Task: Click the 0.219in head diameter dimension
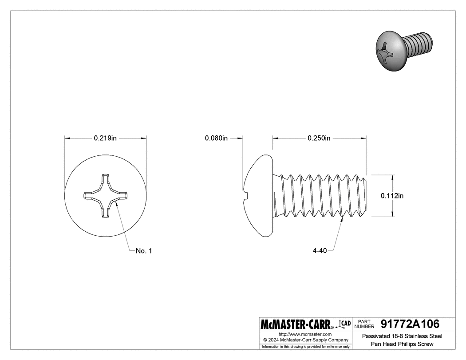[105, 138]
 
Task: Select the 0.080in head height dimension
[216, 138]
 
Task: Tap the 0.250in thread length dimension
[319, 138]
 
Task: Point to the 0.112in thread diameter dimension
[392, 195]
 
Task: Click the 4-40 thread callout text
[320, 251]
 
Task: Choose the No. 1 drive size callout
[144, 251]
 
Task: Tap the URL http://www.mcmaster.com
[305, 334]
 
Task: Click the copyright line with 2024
[305, 340]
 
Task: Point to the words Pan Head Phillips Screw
[403, 344]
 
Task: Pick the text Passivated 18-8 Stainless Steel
[403, 336]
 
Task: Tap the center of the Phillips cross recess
[106, 195]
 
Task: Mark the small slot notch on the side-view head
[245, 193]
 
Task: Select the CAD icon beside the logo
[344, 324]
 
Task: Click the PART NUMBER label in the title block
[365, 324]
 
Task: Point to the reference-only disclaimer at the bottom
[305, 346]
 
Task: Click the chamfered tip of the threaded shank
[365, 195]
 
